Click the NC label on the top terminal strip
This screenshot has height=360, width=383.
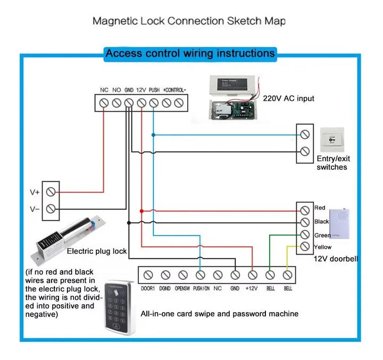coord(104,90)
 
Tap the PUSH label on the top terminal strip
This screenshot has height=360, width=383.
coord(154,90)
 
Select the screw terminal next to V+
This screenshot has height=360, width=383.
coord(51,191)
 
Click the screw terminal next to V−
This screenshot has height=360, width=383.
coord(51,209)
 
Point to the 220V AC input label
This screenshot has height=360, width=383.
coord(288,98)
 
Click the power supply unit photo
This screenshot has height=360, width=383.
coord(233,98)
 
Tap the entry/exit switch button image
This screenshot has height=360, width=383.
coord(331,141)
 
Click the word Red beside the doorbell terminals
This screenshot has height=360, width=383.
coord(320,208)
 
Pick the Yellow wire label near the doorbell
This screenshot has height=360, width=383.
coord(322,247)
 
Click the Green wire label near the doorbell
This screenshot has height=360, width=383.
coord(322,235)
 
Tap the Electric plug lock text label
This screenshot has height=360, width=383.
coord(97,251)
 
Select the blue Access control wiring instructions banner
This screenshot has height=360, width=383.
coord(190,53)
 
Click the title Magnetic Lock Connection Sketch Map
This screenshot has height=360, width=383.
coord(189,21)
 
